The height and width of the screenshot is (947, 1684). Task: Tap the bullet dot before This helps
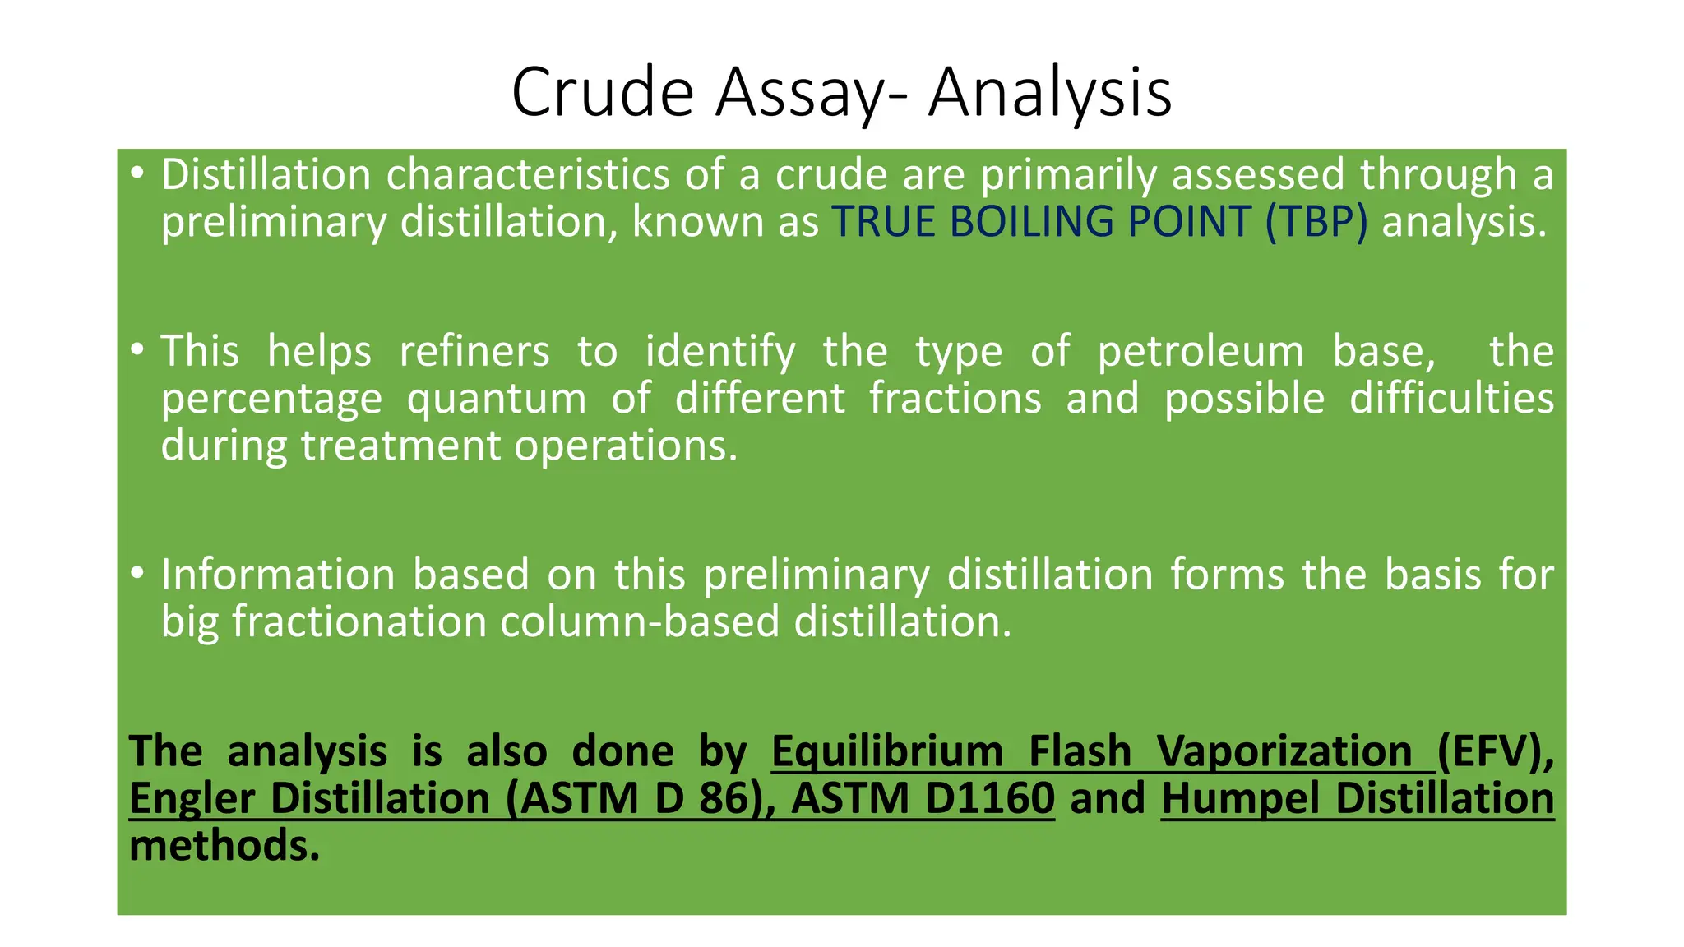pyautogui.click(x=136, y=350)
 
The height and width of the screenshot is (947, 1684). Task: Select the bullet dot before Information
pyautogui.click(x=136, y=573)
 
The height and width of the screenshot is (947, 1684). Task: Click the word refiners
pyautogui.click(x=474, y=351)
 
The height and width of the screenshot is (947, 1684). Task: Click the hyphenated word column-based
pyautogui.click(x=639, y=621)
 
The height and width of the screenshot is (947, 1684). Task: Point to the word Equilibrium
pyautogui.click(x=887, y=752)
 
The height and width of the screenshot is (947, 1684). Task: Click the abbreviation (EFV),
pyautogui.click(x=1496, y=752)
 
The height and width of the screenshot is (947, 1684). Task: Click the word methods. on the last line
pyautogui.click(x=224, y=846)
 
